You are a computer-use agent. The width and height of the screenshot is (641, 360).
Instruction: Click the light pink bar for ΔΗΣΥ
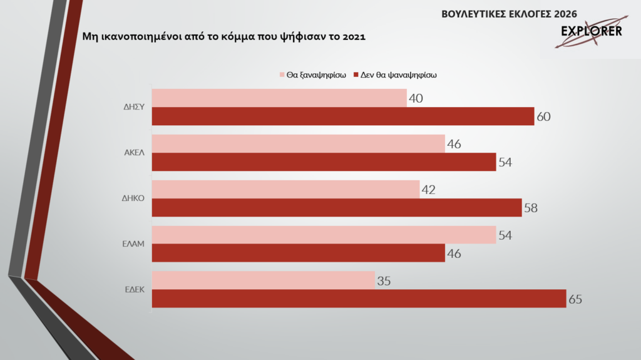(x=279, y=98)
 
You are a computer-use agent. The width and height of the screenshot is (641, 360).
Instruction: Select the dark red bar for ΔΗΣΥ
(x=343, y=116)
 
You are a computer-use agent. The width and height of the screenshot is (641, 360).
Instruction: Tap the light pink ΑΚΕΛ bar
(x=299, y=144)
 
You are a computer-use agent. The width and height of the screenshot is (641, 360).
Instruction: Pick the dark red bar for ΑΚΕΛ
(x=324, y=162)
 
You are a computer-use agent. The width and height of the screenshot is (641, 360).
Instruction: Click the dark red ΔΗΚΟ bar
(x=337, y=207)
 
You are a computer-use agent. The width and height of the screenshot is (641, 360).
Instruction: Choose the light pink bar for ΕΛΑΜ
(x=324, y=235)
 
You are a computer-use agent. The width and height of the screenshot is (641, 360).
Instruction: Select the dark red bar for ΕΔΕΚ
(x=359, y=299)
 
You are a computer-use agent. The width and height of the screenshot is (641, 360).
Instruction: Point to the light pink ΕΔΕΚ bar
(x=264, y=280)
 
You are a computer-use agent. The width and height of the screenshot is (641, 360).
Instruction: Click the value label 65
(x=575, y=299)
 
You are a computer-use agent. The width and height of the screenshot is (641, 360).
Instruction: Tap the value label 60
(x=543, y=117)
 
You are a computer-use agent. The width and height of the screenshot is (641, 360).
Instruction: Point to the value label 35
(x=384, y=280)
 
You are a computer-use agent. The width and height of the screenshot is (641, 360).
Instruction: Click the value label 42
(x=428, y=190)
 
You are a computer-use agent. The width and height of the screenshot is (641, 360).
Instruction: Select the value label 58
(x=531, y=208)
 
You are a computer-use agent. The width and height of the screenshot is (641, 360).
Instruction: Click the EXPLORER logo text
(x=592, y=31)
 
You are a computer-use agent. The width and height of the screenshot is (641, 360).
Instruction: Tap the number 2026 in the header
(x=563, y=14)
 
